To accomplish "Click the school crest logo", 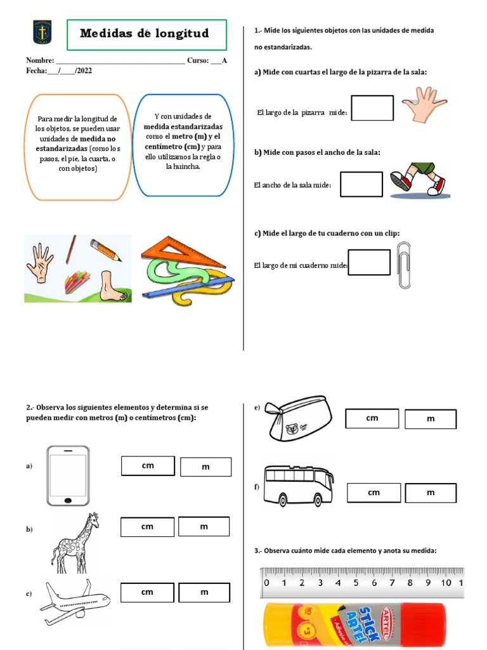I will (42, 32).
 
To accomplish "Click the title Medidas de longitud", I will (145, 34).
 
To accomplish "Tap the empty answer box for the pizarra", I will (372, 109).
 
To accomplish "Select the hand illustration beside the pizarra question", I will (423, 105).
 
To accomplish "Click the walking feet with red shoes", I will (419, 180).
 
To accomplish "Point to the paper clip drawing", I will (404, 266).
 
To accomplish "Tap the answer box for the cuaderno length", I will (369, 262).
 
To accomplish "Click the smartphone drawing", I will (68, 475).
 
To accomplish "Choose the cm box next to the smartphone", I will (148, 466).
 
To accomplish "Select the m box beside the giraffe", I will (204, 526).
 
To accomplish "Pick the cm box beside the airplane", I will (147, 592).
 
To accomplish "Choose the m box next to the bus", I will (431, 493).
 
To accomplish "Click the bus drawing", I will (298, 486).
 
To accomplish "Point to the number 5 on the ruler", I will (356, 583).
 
